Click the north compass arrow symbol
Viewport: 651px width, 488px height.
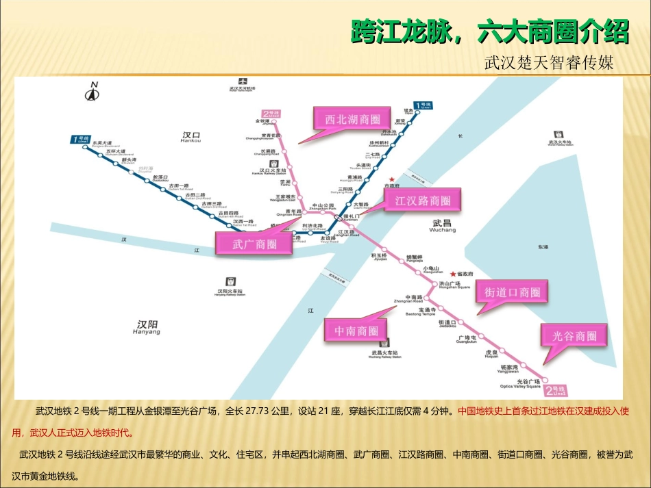click(x=92, y=91)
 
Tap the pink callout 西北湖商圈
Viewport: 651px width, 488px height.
click(x=352, y=118)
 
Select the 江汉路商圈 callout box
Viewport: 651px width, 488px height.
click(x=422, y=201)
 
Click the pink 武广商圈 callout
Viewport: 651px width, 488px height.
click(x=254, y=244)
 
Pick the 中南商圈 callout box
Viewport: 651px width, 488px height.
click(x=356, y=331)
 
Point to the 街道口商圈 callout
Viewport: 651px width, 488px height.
click(x=513, y=292)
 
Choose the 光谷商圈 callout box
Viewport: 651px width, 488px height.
click(x=574, y=335)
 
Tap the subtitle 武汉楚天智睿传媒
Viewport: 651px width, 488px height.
click(x=548, y=63)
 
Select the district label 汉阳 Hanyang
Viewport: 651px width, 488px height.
click(x=148, y=326)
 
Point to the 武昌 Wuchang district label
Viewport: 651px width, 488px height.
click(x=443, y=226)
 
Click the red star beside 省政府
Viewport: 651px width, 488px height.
click(x=452, y=274)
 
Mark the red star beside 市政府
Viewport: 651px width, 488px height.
click(x=392, y=180)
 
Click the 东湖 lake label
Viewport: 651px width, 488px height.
click(x=543, y=246)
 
